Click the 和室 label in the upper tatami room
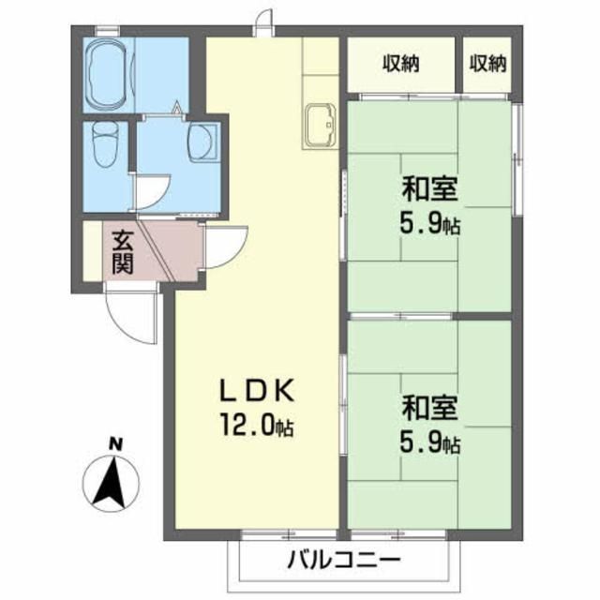click(430, 191)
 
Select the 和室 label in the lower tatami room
click(430, 411)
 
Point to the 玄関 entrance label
click(122, 250)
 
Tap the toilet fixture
click(102, 149)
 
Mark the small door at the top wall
click(266, 21)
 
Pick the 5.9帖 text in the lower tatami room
click(432, 442)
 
